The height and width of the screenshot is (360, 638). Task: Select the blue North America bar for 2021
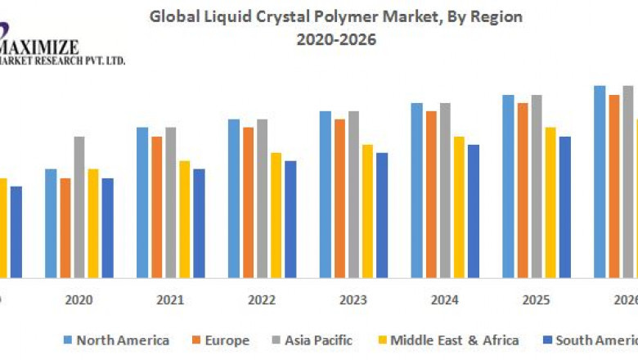click(x=142, y=202)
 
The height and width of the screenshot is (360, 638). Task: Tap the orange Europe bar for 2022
click(x=248, y=202)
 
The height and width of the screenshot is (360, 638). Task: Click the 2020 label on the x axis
click(x=79, y=301)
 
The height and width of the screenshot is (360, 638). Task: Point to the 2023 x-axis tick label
click(x=353, y=301)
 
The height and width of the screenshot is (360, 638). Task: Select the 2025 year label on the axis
click(x=537, y=301)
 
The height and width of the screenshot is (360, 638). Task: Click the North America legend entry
click(x=116, y=340)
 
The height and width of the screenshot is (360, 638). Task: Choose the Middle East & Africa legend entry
click(x=447, y=340)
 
